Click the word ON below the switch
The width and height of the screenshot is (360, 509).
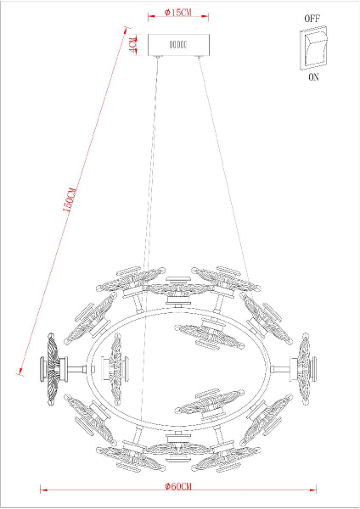pos(312,76)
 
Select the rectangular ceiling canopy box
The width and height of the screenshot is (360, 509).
pos(178,43)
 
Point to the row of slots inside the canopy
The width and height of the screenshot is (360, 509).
pos(178,43)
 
